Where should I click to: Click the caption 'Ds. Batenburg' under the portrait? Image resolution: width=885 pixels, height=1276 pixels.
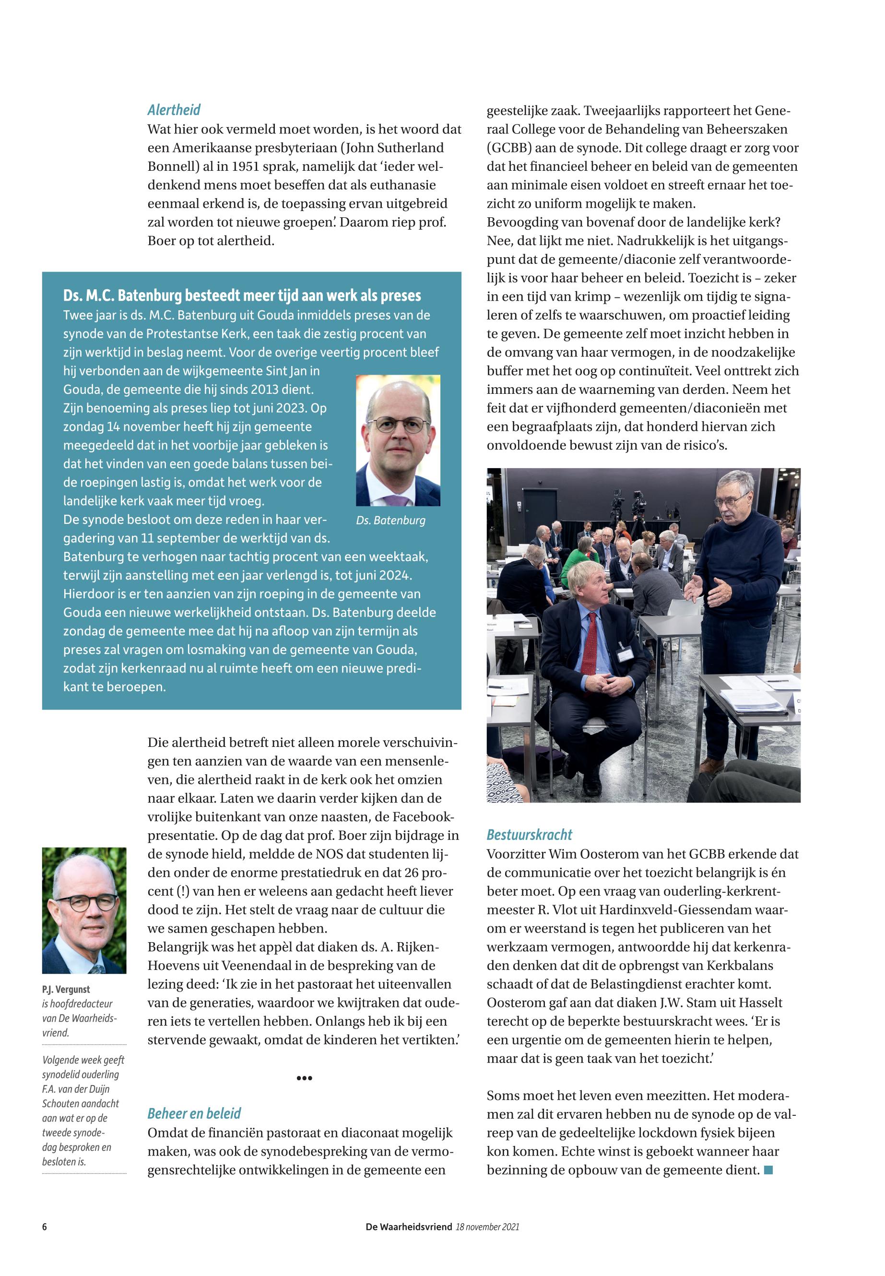(x=391, y=521)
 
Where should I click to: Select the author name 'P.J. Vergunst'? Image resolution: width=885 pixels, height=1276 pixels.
(x=66, y=989)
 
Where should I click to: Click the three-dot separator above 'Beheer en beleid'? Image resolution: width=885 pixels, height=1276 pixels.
(x=305, y=1078)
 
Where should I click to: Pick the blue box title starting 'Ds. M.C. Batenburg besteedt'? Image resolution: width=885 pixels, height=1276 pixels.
(x=242, y=295)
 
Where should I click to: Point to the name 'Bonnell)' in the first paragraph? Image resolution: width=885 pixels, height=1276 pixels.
(x=171, y=166)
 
